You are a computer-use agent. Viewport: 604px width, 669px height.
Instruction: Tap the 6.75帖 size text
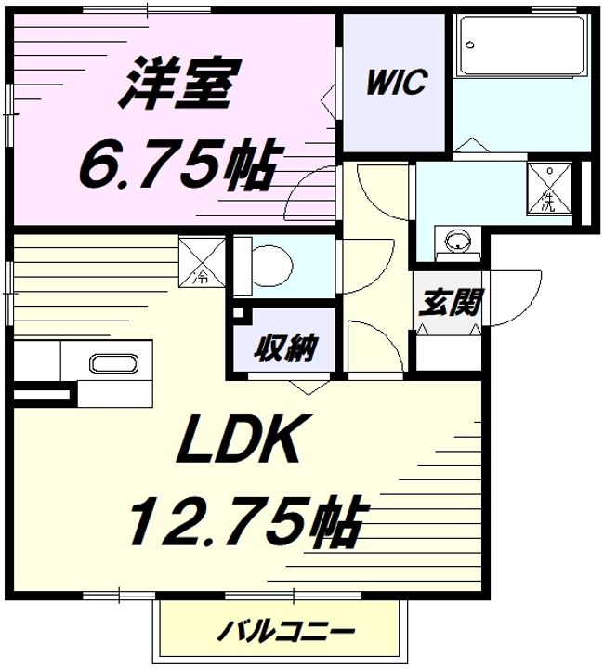point(177,166)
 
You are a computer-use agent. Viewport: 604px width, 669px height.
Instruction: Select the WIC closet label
point(395,83)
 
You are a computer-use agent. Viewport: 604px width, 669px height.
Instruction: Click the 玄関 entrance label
point(448,304)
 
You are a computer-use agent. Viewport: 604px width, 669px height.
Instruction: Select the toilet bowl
point(269,263)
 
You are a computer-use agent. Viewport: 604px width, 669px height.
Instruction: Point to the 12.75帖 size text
point(244,522)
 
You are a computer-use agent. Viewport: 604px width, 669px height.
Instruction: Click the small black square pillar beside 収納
point(237,314)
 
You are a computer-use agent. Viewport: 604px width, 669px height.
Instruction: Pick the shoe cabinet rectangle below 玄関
point(446,351)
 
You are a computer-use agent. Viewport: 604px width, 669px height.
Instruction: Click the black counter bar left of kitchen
point(42,396)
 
